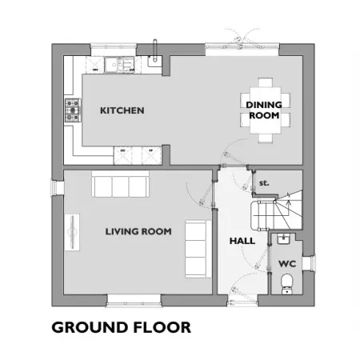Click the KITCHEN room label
(x=122, y=110)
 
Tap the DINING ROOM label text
(x=264, y=110)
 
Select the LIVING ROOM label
(x=138, y=231)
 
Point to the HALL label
(x=242, y=241)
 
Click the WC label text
(x=287, y=264)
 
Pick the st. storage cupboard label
(x=264, y=183)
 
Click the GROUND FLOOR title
(x=122, y=327)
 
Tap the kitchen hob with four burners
(x=73, y=110)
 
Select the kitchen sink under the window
(x=119, y=65)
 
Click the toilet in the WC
(x=287, y=284)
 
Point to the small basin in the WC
(x=283, y=238)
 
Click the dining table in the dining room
(x=266, y=110)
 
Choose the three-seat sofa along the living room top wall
(x=120, y=184)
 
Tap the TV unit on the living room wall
(x=72, y=232)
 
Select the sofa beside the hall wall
(x=198, y=249)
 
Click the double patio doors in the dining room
(x=242, y=42)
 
